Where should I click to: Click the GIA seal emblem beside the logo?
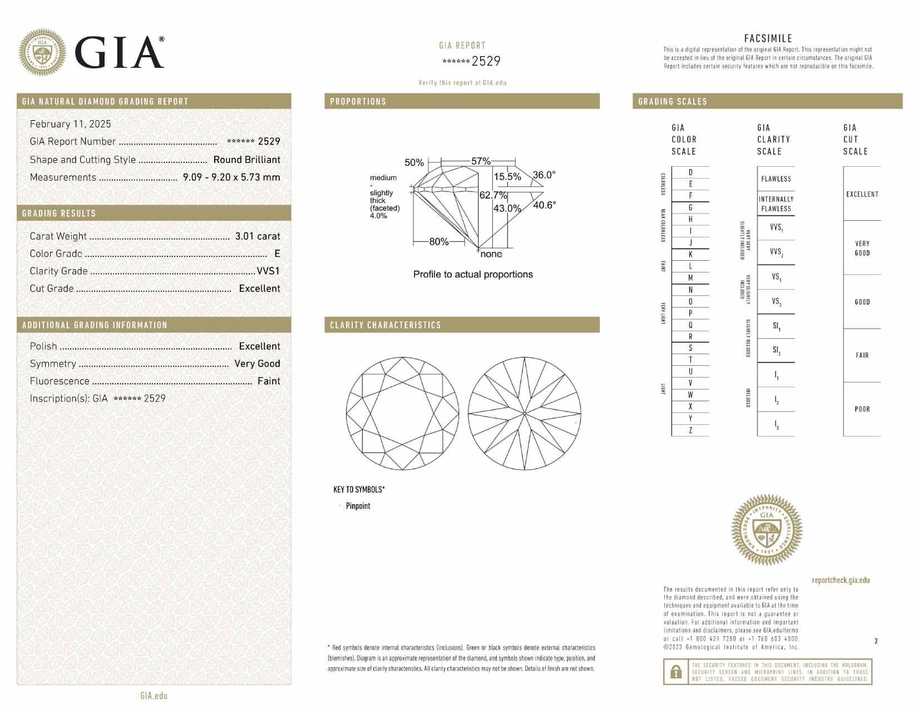42,53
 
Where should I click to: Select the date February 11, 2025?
70,124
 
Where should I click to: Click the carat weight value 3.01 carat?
257,236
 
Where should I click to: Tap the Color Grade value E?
277,254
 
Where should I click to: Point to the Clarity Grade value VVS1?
268,271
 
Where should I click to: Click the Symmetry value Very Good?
257,363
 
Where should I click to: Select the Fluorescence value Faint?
269,381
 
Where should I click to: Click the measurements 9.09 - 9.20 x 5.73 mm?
231,177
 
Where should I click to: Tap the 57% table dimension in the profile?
481,161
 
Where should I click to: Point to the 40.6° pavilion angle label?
544,205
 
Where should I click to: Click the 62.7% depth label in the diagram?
493,195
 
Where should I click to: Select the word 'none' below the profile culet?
491,254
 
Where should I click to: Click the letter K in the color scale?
690,254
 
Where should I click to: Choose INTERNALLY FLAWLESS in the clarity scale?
776,204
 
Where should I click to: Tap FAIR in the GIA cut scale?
862,355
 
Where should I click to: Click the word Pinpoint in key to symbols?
358,506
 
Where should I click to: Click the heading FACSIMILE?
768,38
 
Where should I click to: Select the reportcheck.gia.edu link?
840,580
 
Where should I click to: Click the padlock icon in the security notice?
676,672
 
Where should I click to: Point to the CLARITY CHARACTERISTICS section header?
385,325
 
